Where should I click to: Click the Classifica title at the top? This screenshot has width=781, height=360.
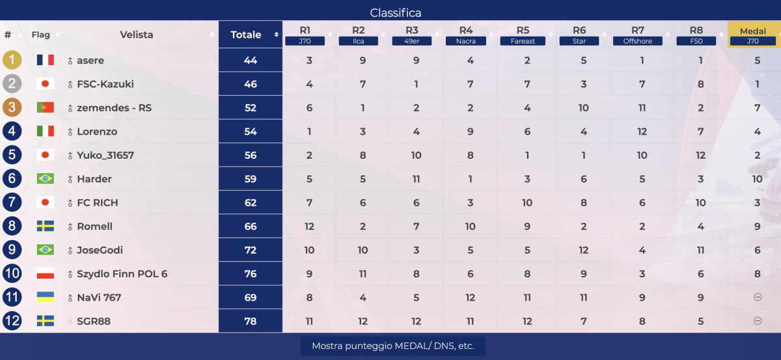point(396,12)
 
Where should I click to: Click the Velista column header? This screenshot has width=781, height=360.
point(137,35)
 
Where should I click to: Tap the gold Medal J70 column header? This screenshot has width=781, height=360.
point(752,35)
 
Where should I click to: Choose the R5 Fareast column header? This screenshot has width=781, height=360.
point(523,35)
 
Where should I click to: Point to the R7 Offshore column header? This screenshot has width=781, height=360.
point(637,35)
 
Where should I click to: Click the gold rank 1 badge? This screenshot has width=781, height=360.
point(12,60)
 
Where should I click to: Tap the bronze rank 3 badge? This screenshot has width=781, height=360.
point(12,107)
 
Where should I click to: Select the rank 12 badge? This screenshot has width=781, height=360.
point(12,321)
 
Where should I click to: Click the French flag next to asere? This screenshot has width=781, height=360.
point(45,60)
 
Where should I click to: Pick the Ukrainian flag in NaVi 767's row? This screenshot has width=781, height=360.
point(45,298)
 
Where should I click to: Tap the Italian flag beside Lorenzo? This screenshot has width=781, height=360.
point(45,132)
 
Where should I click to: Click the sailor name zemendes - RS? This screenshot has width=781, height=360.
point(114,108)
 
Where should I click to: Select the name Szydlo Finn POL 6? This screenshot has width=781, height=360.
point(122,274)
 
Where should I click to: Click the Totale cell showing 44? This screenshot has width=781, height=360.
point(251,61)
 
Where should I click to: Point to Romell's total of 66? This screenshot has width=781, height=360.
point(251,227)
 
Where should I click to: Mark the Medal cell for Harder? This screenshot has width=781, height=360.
point(757,179)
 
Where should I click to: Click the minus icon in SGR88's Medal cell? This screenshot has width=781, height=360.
point(757,321)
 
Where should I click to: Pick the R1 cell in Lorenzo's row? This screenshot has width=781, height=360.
point(309,132)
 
